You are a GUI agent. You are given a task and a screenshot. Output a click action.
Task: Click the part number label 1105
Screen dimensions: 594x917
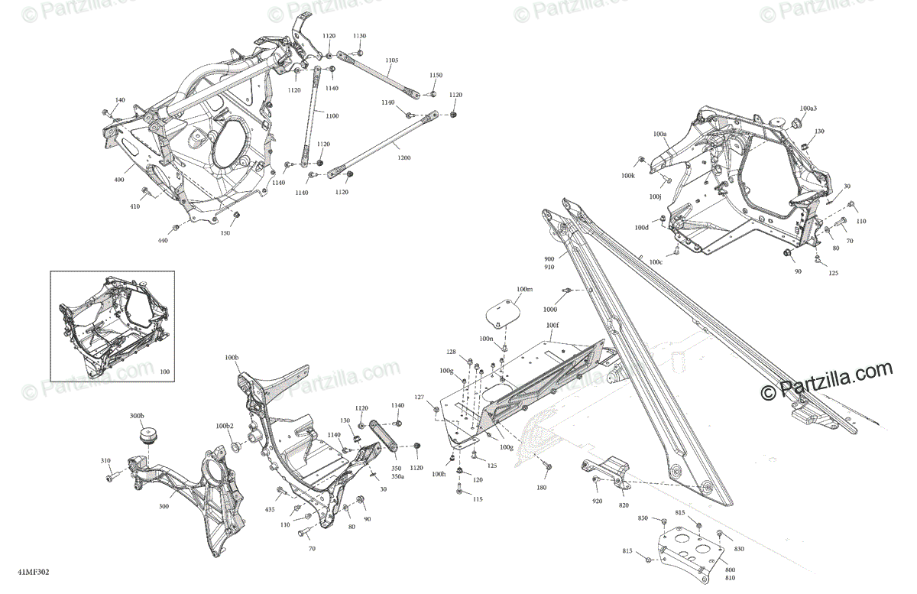click(392, 60)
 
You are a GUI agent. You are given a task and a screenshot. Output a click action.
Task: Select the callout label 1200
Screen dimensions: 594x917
click(403, 157)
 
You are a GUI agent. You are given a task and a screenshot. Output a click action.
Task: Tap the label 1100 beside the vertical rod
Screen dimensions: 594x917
click(332, 115)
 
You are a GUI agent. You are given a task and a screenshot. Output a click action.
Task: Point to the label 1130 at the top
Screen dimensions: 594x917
click(359, 36)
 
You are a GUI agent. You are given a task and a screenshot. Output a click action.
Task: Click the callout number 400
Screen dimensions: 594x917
click(119, 180)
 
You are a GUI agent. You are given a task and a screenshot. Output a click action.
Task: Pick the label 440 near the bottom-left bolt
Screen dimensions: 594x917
click(162, 240)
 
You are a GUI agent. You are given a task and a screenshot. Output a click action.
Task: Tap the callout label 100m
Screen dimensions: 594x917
click(524, 290)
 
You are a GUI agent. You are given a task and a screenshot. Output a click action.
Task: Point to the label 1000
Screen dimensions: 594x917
click(551, 310)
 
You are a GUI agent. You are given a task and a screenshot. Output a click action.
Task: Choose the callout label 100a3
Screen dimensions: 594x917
click(808, 109)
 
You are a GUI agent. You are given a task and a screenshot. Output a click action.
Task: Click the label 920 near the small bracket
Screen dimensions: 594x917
click(596, 501)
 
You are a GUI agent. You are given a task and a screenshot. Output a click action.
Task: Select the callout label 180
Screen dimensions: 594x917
click(542, 487)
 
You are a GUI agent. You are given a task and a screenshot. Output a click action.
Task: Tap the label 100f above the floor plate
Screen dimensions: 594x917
click(552, 325)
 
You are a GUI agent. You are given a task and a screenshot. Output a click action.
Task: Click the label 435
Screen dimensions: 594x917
click(270, 508)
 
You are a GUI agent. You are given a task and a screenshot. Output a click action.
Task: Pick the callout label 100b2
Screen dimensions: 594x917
click(225, 426)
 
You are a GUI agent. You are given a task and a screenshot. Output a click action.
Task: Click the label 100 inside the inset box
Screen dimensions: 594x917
click(166, 371)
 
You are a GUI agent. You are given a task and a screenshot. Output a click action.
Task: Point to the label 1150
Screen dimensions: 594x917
click(436, 75)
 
